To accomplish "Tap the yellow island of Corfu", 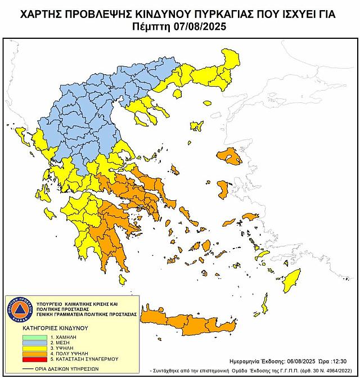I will (x=21, y=135).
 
